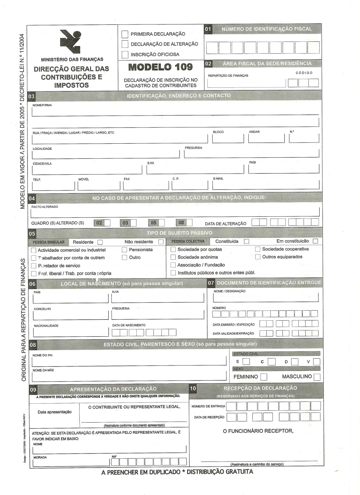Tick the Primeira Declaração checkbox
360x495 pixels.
[125, 34]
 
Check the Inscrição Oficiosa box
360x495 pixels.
[125, 55]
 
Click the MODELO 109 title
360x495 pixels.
[161, 67]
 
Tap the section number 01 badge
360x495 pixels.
[208, 29]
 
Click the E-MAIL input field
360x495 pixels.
[266, 185]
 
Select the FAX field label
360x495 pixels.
[127, 179]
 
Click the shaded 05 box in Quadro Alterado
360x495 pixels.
[154, 223]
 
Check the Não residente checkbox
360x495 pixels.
[161, 242]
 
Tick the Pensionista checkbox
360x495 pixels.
[125, 250]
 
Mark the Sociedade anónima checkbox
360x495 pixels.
[173, 257]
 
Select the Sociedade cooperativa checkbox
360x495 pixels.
[258, 249]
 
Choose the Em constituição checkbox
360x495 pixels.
[315, 241]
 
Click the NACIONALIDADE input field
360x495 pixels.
[71, 332]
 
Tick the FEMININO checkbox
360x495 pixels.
[264, 377]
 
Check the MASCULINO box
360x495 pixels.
[317, 377]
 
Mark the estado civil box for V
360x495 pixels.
[316, 362]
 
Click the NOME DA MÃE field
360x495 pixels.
[129, 377]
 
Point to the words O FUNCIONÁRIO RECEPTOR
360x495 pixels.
[258, 431]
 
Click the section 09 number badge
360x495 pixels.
[33, 390]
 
